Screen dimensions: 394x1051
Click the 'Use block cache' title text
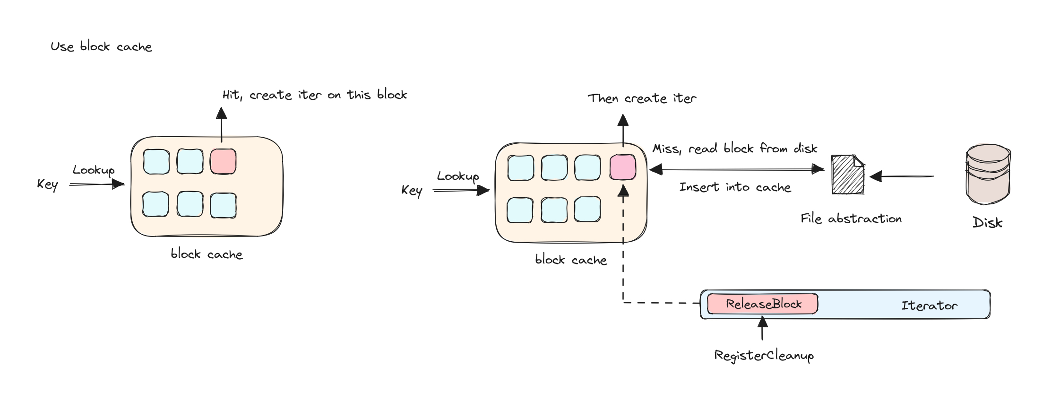point(101,46)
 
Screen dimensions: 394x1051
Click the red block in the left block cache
point(223,161)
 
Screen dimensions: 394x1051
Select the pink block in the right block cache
point(622,167)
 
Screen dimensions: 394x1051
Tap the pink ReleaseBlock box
point(762,304)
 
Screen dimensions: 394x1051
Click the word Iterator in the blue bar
point(929,306)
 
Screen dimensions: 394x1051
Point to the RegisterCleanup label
point(764,355)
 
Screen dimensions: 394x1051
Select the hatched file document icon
point(848,175)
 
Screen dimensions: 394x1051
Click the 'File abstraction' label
point(851,219)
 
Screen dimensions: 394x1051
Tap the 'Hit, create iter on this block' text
point(314,95)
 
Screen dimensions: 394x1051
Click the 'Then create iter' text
point(642,98)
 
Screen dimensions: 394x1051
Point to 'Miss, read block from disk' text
point(734,149)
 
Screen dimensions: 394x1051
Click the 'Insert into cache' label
point(735,187)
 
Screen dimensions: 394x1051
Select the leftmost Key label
point(47,184)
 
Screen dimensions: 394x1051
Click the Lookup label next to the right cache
point(457,176)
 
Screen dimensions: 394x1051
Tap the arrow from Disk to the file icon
point(902,176)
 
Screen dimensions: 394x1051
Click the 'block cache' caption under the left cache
point(207,254)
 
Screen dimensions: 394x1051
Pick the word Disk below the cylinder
point(987,222)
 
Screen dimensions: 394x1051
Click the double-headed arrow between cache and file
point(736,169)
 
